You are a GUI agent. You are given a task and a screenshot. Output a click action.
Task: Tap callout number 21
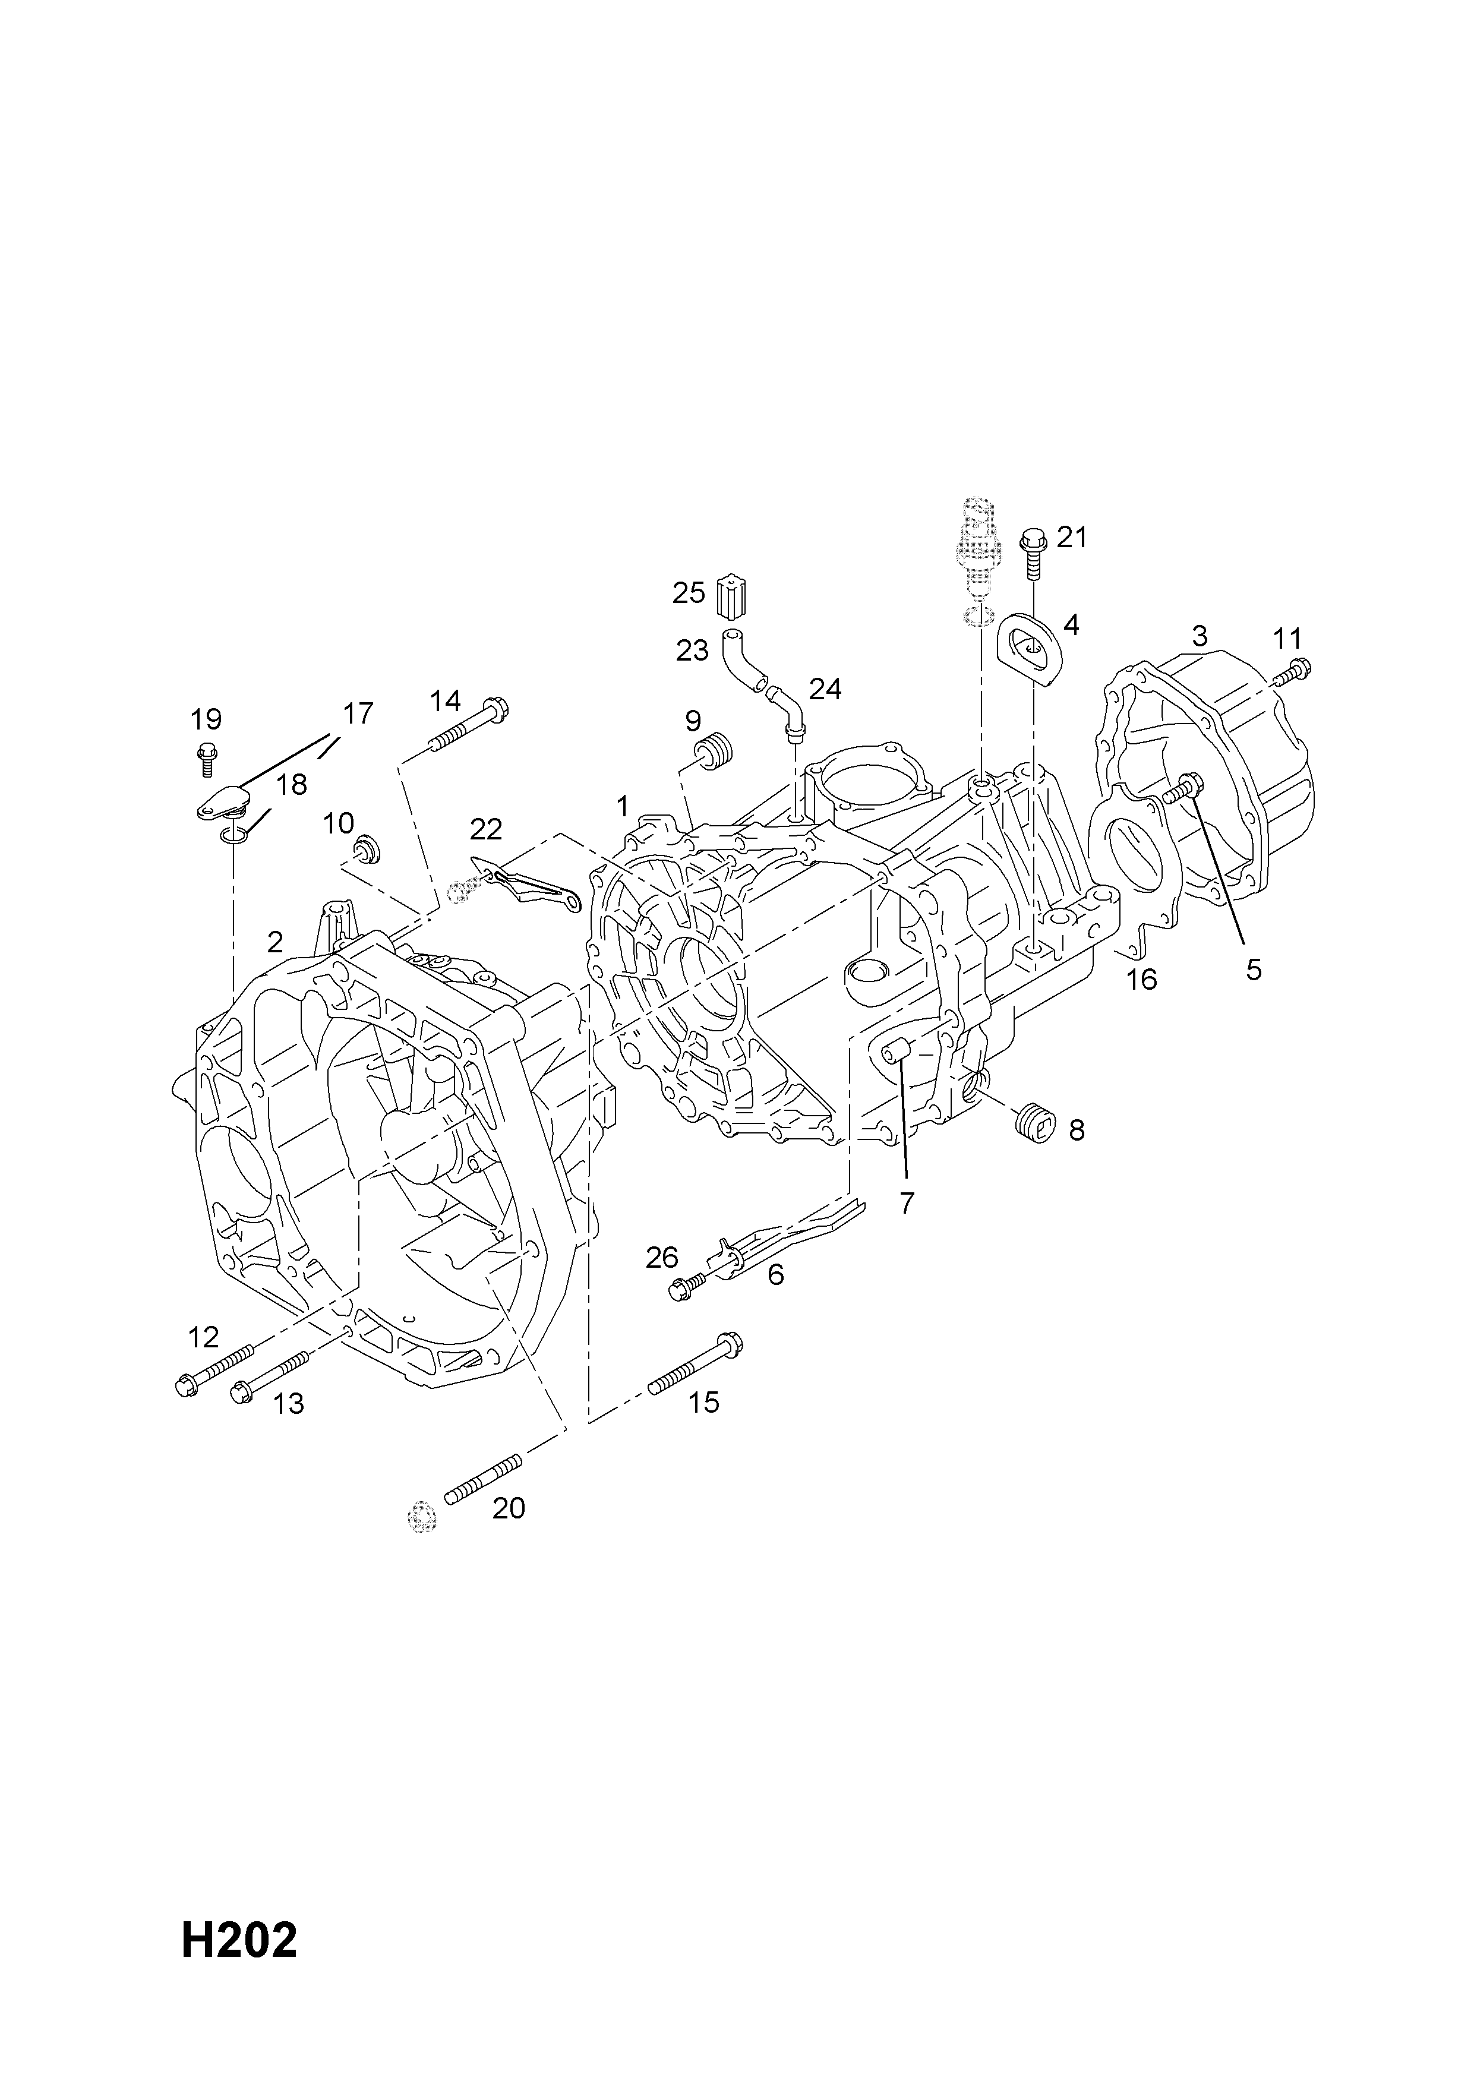[1072, 538]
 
